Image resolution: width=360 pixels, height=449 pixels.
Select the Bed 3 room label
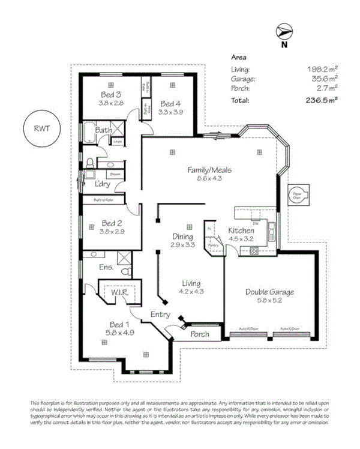point(111,95)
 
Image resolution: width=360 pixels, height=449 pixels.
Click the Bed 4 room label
point(170,103)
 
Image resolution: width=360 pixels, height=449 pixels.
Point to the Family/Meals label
point(209,170)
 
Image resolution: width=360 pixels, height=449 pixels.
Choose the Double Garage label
point(269,292)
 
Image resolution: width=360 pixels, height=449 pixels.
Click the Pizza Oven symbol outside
point(298,195)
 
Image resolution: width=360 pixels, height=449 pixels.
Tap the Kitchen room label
point(241,231)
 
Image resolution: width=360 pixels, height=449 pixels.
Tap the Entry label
point(160,315)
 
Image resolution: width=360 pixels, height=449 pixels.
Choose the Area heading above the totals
point(239,58)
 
